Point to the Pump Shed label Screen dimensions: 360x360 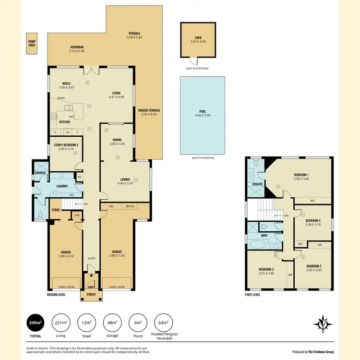(x=32, y=44)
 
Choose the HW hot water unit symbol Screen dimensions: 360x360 (x=77, y=216)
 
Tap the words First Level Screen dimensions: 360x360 (x=252, y=294)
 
